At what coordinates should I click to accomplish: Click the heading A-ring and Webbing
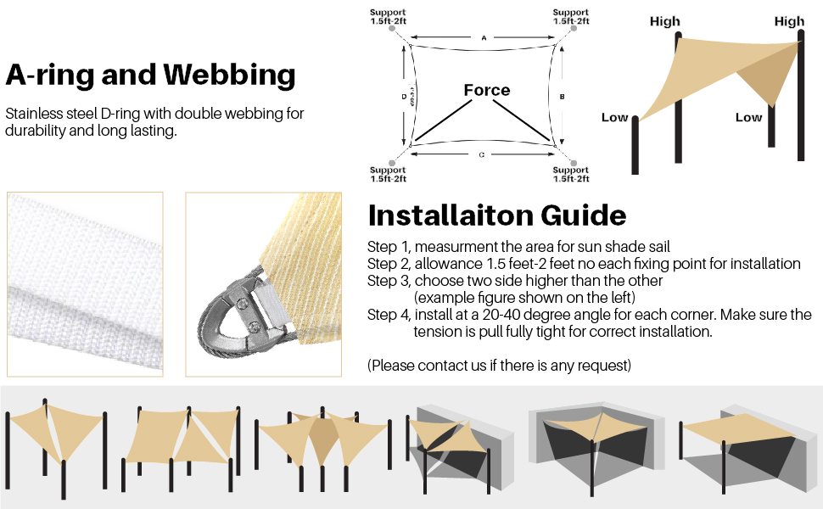coord(150,76)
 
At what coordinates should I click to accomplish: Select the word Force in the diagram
coord(486,90)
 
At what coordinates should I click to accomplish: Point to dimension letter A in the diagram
coord(483,38)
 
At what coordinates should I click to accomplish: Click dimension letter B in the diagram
coord(562,98)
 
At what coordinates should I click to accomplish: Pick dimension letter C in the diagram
coord(482,154)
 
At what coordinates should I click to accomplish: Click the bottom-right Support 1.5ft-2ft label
coord(570,175)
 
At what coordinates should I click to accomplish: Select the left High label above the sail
coord(665,21)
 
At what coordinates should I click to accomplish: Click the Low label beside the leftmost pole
coord(614,117)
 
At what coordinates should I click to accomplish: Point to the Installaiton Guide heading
coord(496,215)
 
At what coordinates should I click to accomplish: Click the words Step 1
coord(387,247)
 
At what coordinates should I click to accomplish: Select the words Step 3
coord(387,280)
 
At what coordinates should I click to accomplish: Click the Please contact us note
coord(499,366)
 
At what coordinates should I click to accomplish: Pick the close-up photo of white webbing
coord(85,284)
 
